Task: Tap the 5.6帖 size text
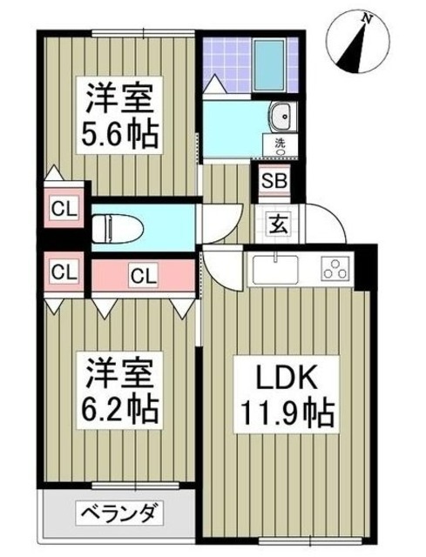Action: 119,137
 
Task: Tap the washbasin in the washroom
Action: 281,115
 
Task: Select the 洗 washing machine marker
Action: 281,144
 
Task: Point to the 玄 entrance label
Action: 273,222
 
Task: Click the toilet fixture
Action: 114,227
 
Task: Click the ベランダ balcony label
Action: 120,513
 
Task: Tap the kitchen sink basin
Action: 275,267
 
